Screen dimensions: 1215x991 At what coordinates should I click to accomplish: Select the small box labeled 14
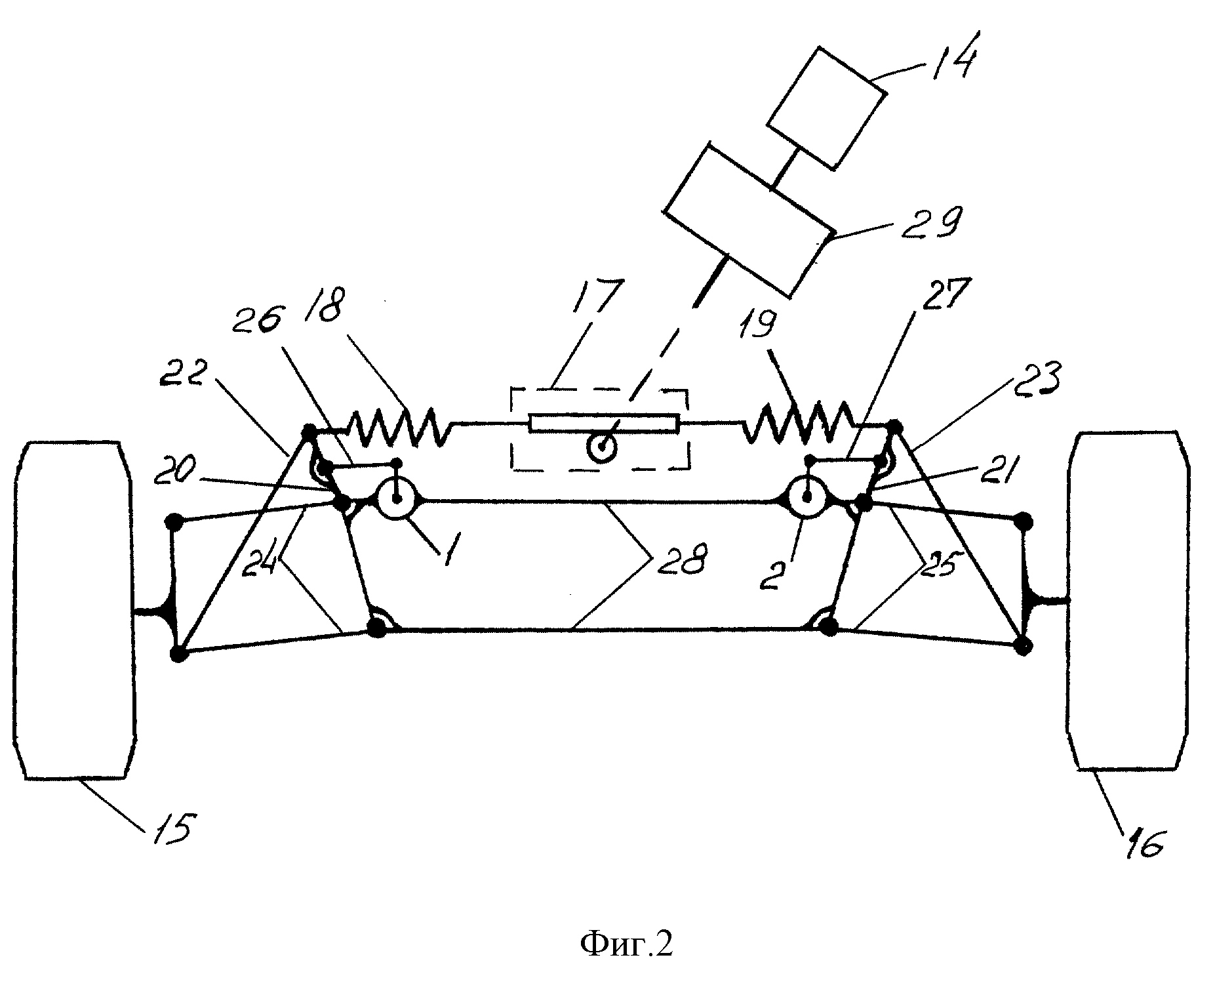pyautogui.click(x=827, y=108)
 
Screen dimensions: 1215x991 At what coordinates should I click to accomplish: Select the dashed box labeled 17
pyautogui.click(x=599, y=429)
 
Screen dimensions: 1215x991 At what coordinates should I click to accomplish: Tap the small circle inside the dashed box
pyautogui.click(x=601, y=449)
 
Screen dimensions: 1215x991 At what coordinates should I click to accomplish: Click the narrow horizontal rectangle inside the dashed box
pyautogui.click(x=603, y=423)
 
